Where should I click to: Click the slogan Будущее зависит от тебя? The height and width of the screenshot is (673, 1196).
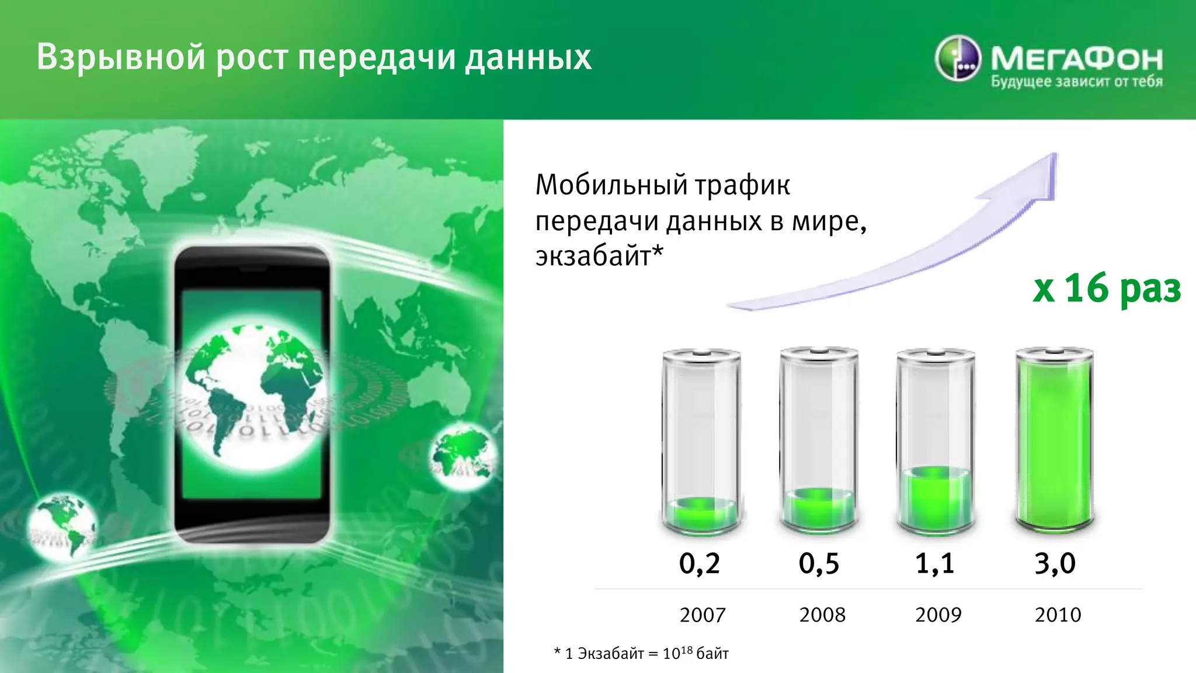pos(1076,82)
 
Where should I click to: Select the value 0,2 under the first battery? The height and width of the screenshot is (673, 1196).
pos(700,564)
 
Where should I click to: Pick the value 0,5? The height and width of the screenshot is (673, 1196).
pos(819,564)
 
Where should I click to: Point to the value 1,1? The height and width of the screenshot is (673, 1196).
pos(935,564)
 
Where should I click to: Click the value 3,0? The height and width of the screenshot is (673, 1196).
pos(1055,564)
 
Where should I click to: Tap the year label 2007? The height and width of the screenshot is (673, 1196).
pos(703,615)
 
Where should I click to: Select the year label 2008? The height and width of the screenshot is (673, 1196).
pos(822,615)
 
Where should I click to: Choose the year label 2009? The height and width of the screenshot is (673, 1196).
pos(938,615)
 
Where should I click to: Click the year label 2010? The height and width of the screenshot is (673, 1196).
pos(1058,615)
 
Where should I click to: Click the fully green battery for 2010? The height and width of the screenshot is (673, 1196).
pos(1054,441)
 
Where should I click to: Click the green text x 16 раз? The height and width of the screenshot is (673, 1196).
pos(1107,288)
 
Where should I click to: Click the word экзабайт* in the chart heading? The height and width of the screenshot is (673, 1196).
pos(599,256)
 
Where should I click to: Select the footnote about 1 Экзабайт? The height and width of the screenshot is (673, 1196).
pos(641,653)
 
